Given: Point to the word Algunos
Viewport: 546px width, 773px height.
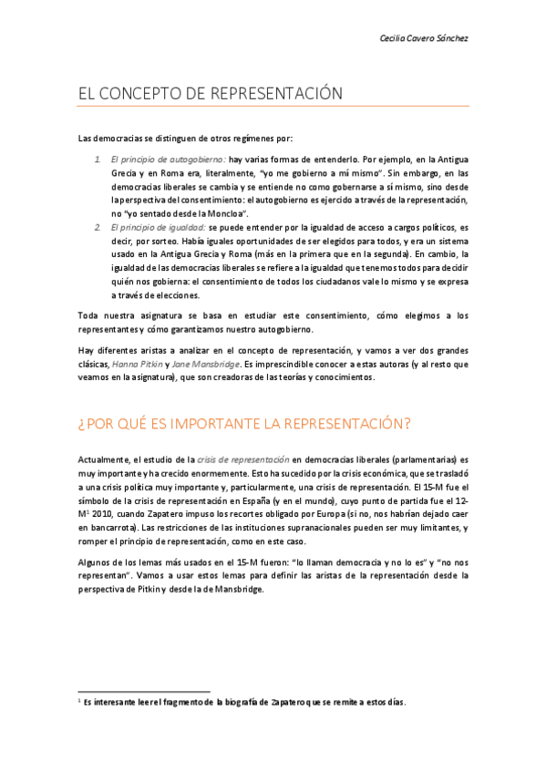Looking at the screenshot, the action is coord(98,562).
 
